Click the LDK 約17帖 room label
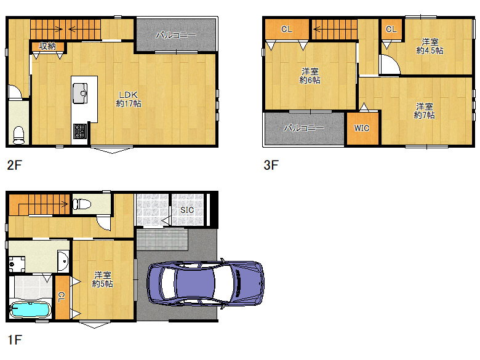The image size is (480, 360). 129,99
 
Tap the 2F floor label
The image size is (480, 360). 14,166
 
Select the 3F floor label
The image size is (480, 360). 271,166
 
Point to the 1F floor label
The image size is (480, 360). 14,340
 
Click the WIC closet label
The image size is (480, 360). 362,128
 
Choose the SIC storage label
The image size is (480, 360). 187,210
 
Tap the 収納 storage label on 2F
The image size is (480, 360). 47,46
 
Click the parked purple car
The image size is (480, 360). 206,283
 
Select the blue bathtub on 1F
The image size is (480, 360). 30,310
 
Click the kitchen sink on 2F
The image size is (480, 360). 80,93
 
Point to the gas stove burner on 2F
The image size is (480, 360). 80,131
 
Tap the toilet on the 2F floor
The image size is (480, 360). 19,135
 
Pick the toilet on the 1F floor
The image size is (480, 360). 82,204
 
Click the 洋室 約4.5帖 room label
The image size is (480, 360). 430,46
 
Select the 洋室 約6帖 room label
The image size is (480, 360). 310,76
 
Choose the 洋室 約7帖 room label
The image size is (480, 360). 424,111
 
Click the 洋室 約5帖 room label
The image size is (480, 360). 103,279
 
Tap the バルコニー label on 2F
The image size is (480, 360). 176,35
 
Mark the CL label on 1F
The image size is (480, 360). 62,297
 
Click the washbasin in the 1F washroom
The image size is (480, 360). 63,261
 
